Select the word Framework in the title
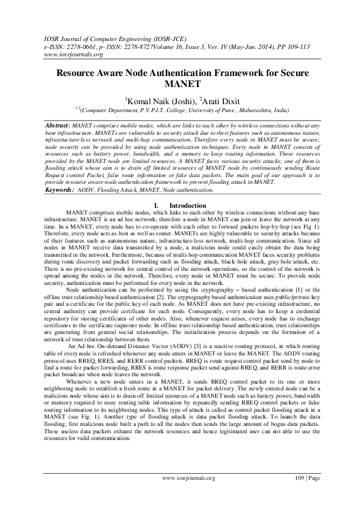pos(242,72)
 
